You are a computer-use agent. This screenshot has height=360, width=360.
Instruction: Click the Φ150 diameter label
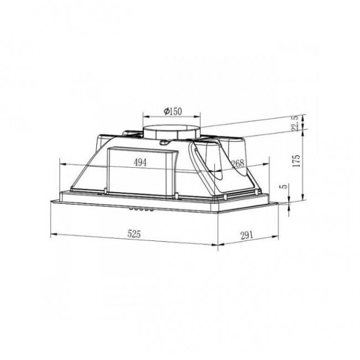tap(172, 111)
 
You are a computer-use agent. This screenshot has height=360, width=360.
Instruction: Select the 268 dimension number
tap(238, 163)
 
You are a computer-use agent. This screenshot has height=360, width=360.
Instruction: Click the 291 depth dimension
tap(247, 234)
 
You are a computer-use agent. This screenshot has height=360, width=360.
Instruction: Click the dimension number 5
tap(284, 187)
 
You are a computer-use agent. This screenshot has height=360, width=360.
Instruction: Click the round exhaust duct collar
tap(172, 132)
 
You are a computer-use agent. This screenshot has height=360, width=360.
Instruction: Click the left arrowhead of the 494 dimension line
tap(61, 163)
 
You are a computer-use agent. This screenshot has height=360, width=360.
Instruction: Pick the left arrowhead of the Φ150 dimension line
tap(145, 116)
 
